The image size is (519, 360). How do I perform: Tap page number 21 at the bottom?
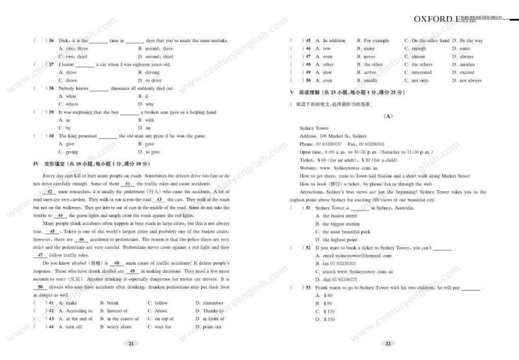131,344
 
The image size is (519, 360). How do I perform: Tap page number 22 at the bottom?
387,344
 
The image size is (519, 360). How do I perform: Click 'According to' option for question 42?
73,311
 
